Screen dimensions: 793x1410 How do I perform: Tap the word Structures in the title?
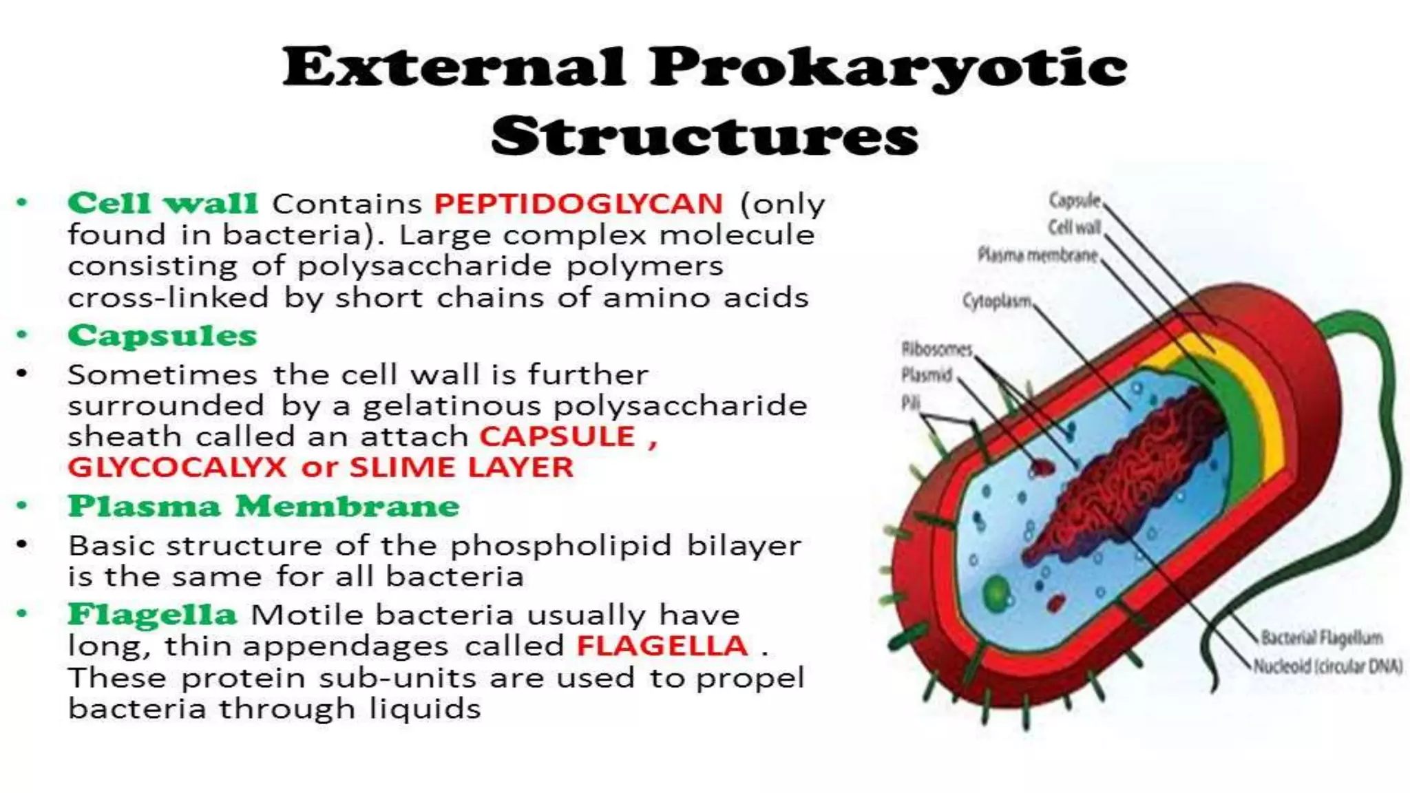704,136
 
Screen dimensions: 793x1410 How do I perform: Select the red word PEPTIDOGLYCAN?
578,204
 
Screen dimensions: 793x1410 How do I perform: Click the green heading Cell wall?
162,203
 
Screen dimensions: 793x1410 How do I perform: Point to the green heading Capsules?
162,336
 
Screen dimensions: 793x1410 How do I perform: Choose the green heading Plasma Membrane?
264,506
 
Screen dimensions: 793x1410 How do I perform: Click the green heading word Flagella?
152,614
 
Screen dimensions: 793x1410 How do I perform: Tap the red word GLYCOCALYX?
177,467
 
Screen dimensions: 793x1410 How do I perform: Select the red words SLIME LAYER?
461,467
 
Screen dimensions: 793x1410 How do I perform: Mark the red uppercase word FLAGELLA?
662,646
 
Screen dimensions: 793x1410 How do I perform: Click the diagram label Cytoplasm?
997,301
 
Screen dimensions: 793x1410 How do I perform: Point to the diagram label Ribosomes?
936,349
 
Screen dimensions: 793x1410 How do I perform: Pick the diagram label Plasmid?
927,375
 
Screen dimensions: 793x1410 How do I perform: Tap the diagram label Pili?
910,403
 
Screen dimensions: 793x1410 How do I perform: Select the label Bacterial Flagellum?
1321,638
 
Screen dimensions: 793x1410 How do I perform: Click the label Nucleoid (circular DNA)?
1327,666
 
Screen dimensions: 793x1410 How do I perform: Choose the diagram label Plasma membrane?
1038,255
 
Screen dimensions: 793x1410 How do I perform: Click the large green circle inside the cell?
996,592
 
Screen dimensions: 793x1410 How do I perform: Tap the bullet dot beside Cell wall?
23,203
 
